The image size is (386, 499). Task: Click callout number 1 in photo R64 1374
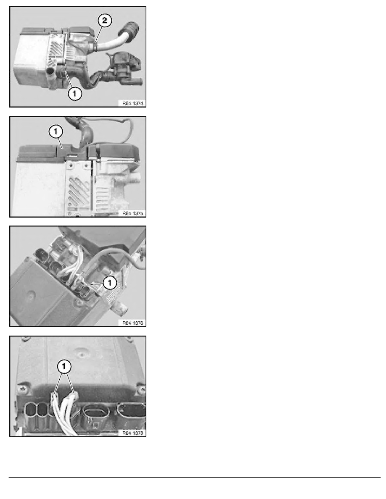74,95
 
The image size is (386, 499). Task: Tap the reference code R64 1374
132,102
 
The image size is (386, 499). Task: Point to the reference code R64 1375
132,213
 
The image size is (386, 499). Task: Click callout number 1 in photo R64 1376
109,283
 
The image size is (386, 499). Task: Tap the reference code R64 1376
132,323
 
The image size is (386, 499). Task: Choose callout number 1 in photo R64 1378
64,366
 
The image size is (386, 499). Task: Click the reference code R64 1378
132,433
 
